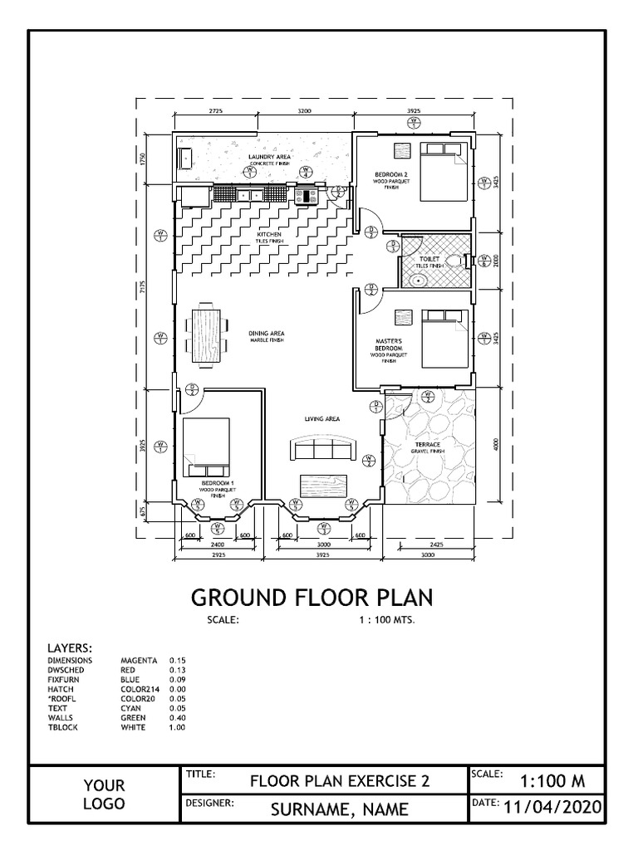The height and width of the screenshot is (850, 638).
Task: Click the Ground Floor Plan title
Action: (x=312, y=598)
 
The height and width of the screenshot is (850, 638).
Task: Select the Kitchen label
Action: (x=268, y=235)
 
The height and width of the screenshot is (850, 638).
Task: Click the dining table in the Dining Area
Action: (x=208, y=336)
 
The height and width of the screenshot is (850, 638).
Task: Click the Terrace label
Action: (x=428, y=445)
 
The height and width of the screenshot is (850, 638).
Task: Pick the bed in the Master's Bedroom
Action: (x=444, y=339)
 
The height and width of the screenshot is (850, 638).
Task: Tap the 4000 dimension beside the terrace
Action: (x=495, y=444)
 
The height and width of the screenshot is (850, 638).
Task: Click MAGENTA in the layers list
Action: (x=139, y=661)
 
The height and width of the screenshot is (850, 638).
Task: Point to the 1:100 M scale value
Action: (x=552, y=780)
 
